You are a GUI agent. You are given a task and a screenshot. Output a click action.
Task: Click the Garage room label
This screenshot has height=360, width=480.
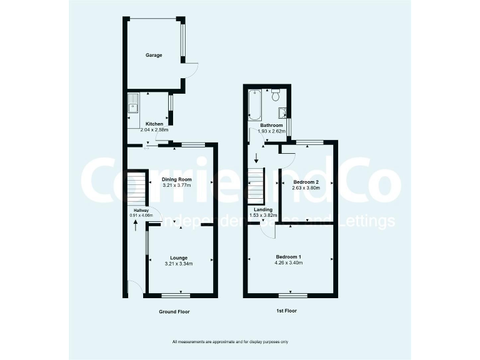[x=154, y=55]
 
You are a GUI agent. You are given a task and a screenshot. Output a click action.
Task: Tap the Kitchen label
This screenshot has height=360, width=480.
[x=154, y=124]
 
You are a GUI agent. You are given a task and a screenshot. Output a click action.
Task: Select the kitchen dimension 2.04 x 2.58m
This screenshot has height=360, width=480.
[x=154, y=130]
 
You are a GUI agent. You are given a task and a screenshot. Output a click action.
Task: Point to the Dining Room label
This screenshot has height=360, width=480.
[x=177, y=179]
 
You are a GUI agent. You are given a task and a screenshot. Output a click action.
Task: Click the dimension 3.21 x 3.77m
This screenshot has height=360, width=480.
[x=177, y=186]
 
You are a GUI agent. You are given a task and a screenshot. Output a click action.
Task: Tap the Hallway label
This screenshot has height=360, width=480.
[x=140, y=211]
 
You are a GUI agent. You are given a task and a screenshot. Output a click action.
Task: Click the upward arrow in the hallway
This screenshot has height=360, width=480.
[x=135, y=223]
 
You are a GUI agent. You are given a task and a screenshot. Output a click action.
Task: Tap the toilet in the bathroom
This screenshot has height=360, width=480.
[x=276, y=96]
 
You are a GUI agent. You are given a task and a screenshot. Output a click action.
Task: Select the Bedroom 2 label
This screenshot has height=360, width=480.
[x=306, y=182]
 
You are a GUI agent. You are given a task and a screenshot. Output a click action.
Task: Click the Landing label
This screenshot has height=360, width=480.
[x=262, y=209]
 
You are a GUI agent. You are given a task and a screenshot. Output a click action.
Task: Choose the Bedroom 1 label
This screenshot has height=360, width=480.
[x=289, y=257]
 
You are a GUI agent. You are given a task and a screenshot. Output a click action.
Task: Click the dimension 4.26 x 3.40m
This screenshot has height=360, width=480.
[x=289, y=263]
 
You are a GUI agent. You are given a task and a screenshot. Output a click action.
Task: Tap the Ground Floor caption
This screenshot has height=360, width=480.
[x=174, y=311]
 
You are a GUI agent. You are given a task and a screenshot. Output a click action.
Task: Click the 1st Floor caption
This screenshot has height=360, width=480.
[x=287, y=311]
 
